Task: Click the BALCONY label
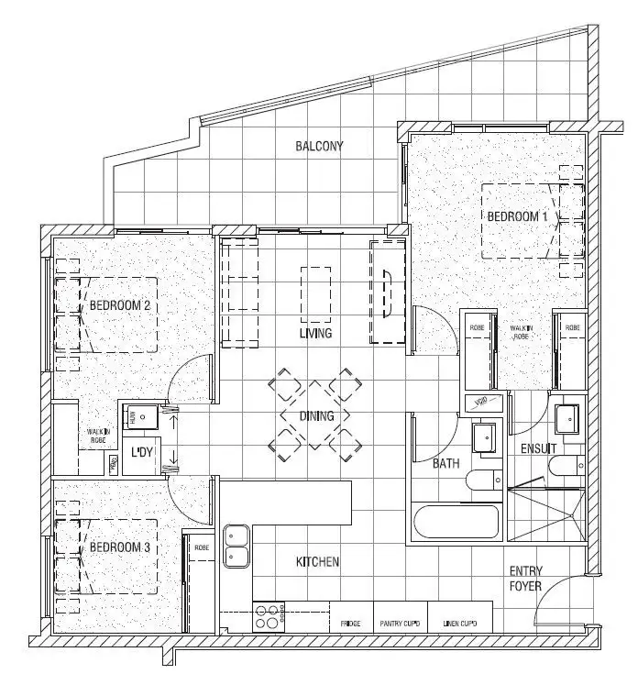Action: tap(319, 146)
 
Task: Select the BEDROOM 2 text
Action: tap(119, 306)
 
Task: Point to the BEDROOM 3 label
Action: tap(119, 547)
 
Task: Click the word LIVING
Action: tap(315, 333)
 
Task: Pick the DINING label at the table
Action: tap(316, 416)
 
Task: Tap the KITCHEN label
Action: tap(318, 561)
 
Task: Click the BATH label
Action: tap(445, 464)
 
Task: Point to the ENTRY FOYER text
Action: tap(525, 579)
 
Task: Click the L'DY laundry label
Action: tap(142, 452)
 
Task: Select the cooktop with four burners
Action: tap(269, 615)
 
